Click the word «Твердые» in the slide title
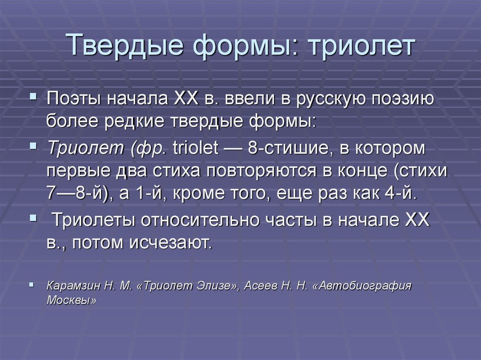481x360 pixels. [x=124, y=45]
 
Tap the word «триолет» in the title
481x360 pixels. [x=362, y=46]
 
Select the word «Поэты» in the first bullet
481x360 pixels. [x=73, y=99]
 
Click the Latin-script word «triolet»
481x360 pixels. [x=195, y=147]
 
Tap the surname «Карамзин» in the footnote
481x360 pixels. [x=73, y=286]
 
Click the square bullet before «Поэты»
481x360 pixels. [x=33, y=97]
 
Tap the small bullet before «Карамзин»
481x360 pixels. [x=31, y=285]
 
